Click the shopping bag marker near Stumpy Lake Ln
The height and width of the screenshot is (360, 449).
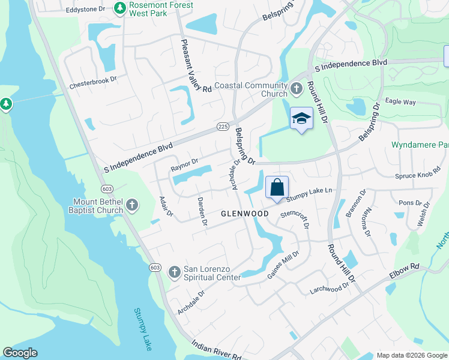[x=277, y=187]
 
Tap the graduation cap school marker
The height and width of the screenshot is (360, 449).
[x=301, y=118]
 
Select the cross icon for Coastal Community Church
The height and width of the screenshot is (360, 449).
[x=296, y=89]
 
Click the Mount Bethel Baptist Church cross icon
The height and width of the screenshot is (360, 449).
[x=133, y=206]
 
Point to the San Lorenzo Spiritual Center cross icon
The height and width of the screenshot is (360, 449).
[x=174, y=272]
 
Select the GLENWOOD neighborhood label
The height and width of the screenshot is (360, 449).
[x=244, y=214]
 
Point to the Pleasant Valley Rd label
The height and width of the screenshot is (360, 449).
[x=196, y=65]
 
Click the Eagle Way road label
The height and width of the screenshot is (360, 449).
[x=400, y=102]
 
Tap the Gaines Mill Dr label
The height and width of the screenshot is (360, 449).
[x=283, y=265]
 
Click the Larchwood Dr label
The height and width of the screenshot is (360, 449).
[x=329, y=289]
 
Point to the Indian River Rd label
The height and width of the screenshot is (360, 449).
[x=216, y=350]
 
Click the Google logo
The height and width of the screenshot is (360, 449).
[x=20, y=353]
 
